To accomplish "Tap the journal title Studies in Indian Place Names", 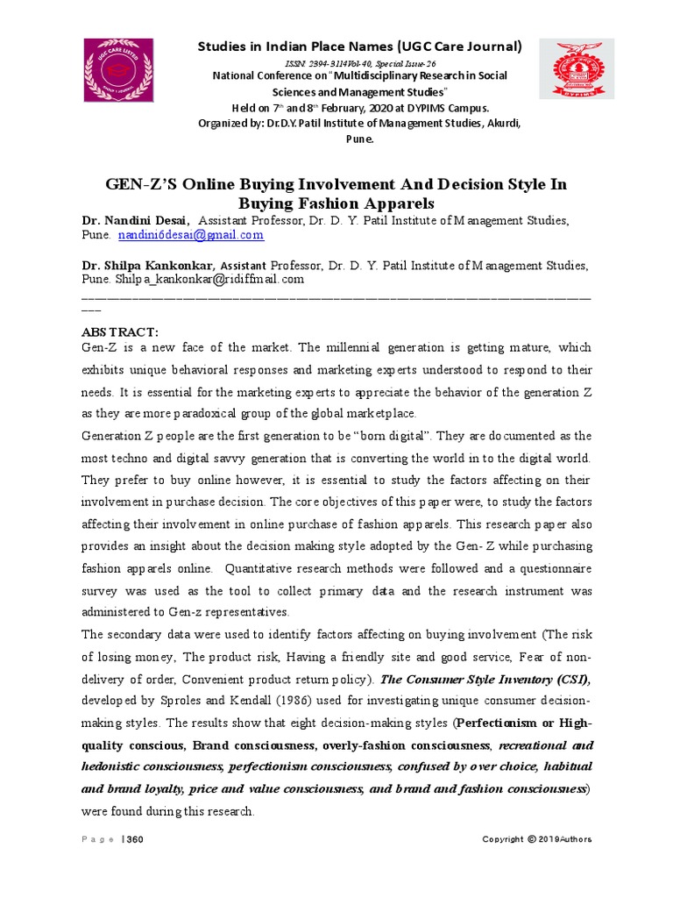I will pos(359,46).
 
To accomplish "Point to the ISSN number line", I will pos(359,64).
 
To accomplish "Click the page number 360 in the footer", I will pos(135,839).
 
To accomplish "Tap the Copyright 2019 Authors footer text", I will pos(536,839).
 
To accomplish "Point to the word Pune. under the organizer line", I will pos(359,139).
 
